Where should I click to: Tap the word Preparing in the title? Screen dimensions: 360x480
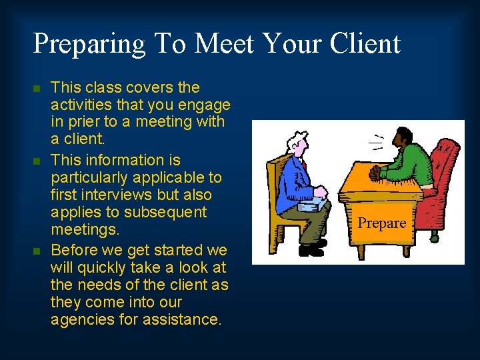[89, 45]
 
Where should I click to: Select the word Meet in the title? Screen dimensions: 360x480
[223, 43]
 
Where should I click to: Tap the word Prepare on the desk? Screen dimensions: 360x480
[382, 223]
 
